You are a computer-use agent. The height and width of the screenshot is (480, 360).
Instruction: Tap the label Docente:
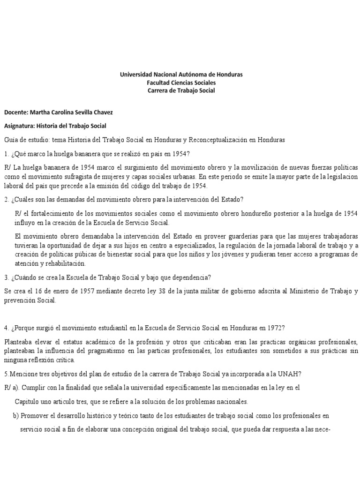pos(16,112)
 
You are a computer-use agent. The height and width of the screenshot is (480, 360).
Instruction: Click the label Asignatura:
pos(19,126)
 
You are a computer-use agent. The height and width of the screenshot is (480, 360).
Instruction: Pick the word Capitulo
pos(28,402)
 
